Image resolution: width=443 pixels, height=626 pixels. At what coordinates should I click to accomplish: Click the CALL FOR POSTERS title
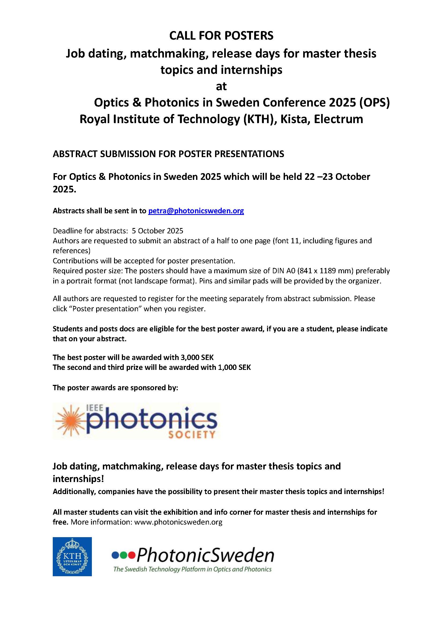[221, 36]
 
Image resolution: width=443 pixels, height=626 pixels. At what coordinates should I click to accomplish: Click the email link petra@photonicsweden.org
[196, 211]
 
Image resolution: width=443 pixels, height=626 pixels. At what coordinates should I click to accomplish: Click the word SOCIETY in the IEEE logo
[192, 434]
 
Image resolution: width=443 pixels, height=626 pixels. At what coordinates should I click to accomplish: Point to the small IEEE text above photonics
[95, 408]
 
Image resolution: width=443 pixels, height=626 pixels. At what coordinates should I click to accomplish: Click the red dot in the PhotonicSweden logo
[132, 555]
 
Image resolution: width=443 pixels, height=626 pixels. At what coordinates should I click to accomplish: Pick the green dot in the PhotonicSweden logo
[123, 555]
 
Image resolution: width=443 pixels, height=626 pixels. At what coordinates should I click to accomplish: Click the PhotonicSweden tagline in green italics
[192, 569]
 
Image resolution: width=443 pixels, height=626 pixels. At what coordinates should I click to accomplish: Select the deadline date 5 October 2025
[157, 231]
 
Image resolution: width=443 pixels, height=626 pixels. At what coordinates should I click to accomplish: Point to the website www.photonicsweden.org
[178, 522]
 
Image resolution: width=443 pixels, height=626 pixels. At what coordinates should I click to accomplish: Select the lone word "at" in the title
[221, 86]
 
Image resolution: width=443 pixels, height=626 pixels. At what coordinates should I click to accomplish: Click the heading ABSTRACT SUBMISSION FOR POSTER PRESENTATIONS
[168, 154]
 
